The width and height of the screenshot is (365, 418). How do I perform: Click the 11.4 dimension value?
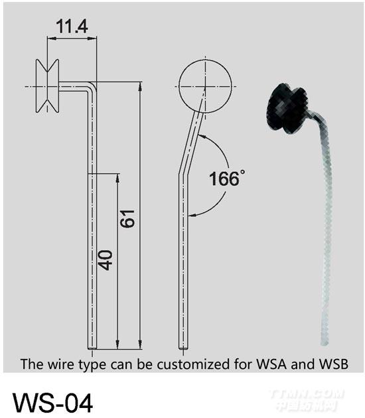[x=72, y=27]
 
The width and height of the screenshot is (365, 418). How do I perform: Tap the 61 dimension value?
[x=127, y=218]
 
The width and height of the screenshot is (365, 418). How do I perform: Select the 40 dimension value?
[x=105, y=260]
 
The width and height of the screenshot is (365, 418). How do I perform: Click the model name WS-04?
[x=53, y=403]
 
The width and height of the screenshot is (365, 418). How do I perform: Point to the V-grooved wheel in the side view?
[x=48, y=86]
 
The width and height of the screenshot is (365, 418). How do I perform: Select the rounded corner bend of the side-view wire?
[x=92, y=86]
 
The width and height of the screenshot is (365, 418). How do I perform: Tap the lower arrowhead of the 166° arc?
[x=191, y=214]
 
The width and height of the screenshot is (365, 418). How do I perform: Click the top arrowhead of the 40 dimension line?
[x=117, y=178]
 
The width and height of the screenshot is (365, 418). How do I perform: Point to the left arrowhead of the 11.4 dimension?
[x=51, y=39]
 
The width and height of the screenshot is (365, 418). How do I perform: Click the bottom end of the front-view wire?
[x=183, y=348]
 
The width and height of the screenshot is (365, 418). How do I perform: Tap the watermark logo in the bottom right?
[x=307, y=400]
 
